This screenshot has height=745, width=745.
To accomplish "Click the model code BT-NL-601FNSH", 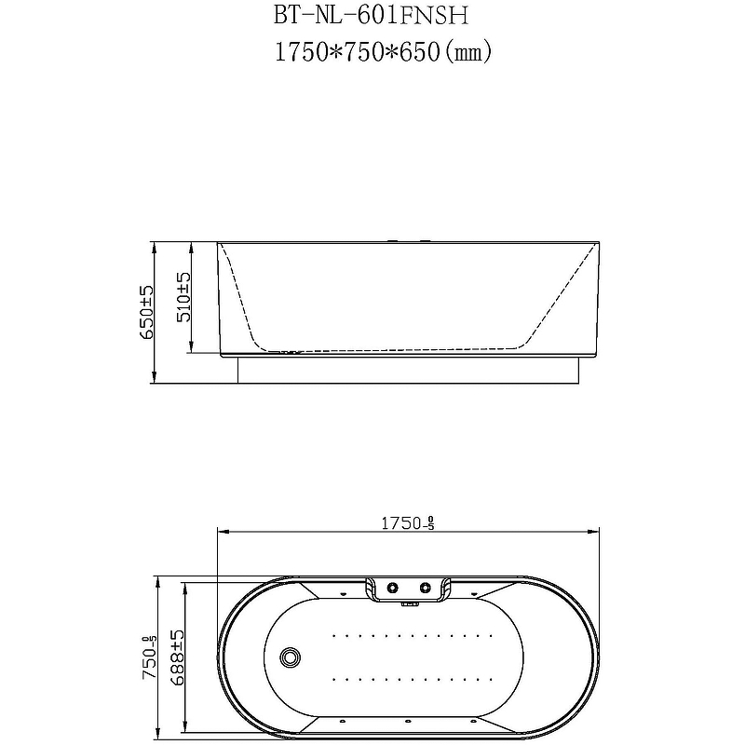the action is point(371,15).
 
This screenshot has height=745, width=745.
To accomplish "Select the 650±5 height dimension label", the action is point(146,312).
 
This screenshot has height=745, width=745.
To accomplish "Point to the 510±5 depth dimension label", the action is point(183,297).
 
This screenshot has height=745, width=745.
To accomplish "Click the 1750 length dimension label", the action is point(408,523).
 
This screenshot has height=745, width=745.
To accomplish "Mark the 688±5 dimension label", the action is point(177,657).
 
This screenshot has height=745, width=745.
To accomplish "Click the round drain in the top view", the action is point(290,657).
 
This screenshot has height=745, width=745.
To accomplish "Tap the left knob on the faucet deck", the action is point(392,589).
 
